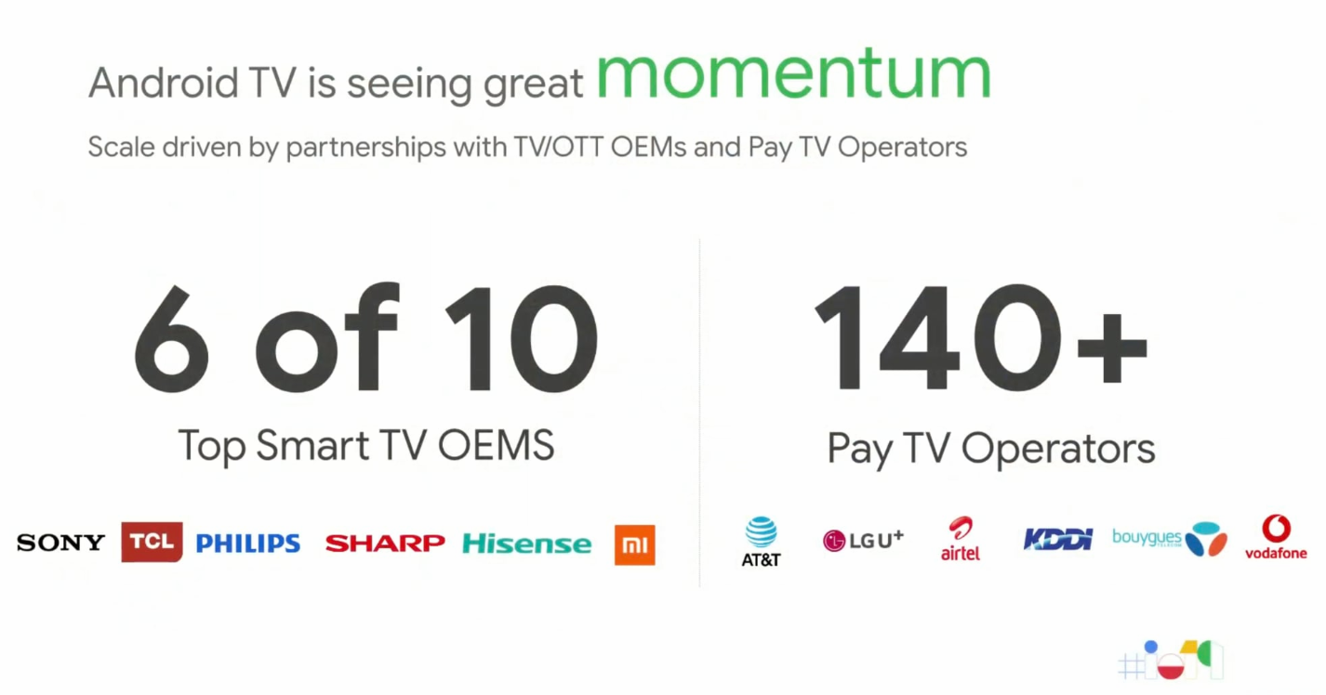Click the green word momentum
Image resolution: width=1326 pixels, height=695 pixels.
click(794, 74)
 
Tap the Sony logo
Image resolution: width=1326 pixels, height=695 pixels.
click(61, 542)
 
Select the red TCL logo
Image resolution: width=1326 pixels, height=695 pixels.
click(152, 542)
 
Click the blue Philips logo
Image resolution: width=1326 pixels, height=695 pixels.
click(248, 543)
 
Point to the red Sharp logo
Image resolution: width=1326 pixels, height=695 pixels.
click(385, 543)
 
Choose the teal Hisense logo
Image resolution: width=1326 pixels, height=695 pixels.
click(527, 543)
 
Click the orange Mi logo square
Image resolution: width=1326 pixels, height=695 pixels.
click(634, 544)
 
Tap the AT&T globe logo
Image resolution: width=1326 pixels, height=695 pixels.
click(762, 541)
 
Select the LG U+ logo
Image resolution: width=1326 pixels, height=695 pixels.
click(864, 540)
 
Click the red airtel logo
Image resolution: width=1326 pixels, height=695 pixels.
click(961, 538)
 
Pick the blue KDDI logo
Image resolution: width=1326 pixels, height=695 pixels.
click(1058, 540)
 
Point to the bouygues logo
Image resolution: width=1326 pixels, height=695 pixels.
click(1170, 539)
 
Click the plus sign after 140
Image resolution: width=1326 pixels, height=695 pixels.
click(1112, 348)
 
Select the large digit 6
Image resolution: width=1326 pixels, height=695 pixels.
click(172, 338)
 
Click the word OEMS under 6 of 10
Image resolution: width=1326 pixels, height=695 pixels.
click(496, 445)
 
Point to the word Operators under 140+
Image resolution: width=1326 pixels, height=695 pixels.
click(1058, 450)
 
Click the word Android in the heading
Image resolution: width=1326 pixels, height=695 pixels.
click(164, 83)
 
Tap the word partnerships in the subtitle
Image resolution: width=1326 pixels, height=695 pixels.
click(365, 148)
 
